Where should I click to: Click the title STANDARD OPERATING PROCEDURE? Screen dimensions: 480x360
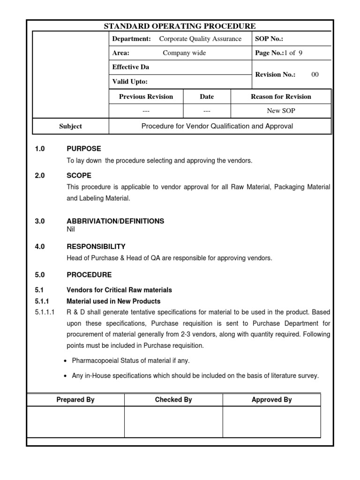tap(180, 26)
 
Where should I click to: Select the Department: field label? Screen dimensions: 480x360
tap(132, 39)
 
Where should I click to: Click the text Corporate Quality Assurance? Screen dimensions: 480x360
tap(200, 39)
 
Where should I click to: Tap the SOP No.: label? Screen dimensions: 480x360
tap(269, 39)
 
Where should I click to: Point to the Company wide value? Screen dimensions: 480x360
tap(184, 53)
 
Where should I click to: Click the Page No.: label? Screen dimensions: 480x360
tap(270, 53)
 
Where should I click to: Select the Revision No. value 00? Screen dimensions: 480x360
tap(315, 75)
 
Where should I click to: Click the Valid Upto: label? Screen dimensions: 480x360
tap(130, 82)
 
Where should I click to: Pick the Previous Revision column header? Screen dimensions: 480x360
tap(146, 97)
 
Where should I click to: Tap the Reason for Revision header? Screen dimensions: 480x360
tap(281, 97)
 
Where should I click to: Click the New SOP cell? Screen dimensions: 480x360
tap(281, 111)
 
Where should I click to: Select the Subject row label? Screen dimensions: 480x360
tap(71, 126)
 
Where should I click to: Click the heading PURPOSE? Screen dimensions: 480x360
tap(84, 149)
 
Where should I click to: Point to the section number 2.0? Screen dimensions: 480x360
tap(39, 175)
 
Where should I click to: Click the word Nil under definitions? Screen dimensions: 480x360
tap(71, 229)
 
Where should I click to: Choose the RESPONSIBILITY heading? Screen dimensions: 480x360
tap(96, 246)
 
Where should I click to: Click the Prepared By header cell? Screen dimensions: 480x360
tap(75, 400)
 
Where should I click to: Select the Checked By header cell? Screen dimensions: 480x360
tap(173, 400)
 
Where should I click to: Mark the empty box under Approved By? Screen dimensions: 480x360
tap(272, 422)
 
